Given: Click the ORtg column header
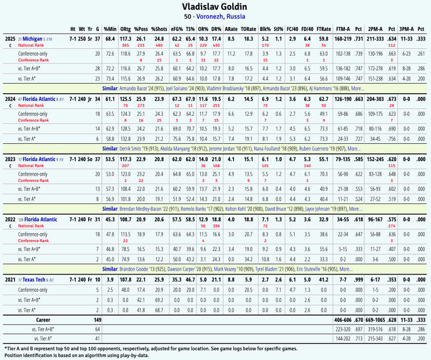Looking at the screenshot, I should click(x=125, y=29).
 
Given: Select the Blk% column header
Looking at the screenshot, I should click(x=265, y=29).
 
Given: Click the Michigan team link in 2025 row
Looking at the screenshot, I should click(x=31, y=39).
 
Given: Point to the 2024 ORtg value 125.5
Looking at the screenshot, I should click(x=125, y=99).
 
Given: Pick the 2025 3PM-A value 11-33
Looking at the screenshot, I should click(x=406, y=39).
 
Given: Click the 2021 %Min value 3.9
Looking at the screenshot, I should click(x=111, y=279).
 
